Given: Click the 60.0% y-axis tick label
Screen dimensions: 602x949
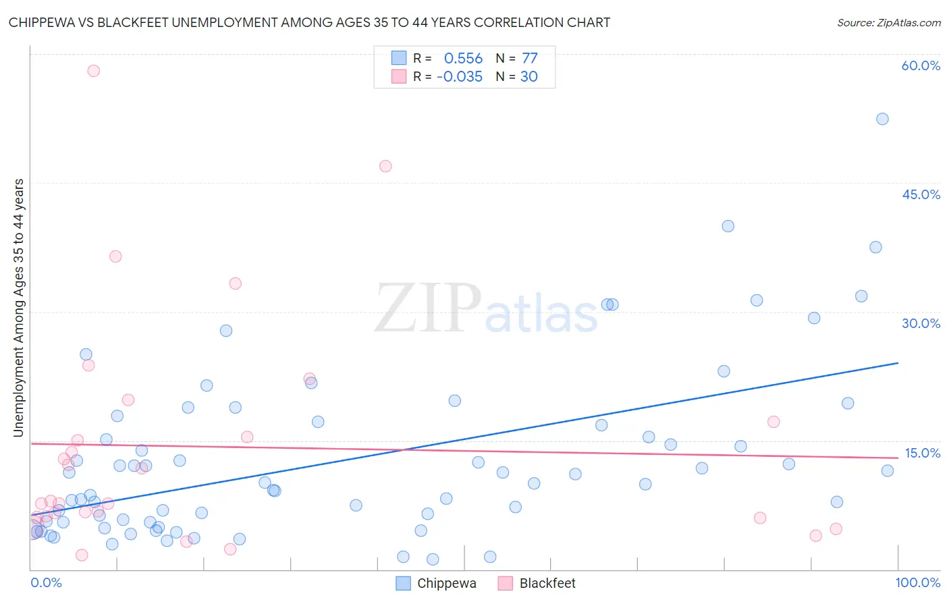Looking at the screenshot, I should click(x=921, y=65).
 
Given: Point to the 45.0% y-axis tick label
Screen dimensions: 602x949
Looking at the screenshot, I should click(x=921, y=194).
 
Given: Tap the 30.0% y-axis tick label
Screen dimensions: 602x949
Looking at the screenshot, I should click(x=921, y=323).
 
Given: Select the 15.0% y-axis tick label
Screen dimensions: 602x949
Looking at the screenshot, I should click(x=922, y=453).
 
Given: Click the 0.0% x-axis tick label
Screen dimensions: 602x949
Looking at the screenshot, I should click(x=46, y=582).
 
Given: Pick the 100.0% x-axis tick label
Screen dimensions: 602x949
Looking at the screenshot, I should click(x=917, y=582).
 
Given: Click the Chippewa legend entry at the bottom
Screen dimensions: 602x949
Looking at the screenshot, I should click(x=436, y=583).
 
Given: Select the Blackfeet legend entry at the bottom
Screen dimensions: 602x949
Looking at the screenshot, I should click(x=537, y=583).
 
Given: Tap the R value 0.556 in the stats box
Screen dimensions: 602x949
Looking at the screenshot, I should click(x=463, y=59).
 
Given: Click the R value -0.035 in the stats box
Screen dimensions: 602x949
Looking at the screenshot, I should click(x=460, y=77).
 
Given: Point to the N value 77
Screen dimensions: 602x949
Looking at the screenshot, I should click(x=530, y=59).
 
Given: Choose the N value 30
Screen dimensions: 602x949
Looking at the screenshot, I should click(x=529, y=77).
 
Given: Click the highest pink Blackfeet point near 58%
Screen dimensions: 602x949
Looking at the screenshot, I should click(x=94, y=71).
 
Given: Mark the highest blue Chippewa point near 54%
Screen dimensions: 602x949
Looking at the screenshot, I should click(x=882, y=119).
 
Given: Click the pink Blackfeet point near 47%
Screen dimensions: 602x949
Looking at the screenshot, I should click(x=385, y=166).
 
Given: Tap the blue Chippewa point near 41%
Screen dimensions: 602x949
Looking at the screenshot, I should click(x=728, y=226).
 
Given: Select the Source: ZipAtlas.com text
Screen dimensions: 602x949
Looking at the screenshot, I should click(x=888, y=23).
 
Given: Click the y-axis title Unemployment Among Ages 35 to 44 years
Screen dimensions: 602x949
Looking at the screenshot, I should click(x=18, y=308).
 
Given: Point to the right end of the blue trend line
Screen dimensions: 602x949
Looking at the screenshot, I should click(x=898, y=363).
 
